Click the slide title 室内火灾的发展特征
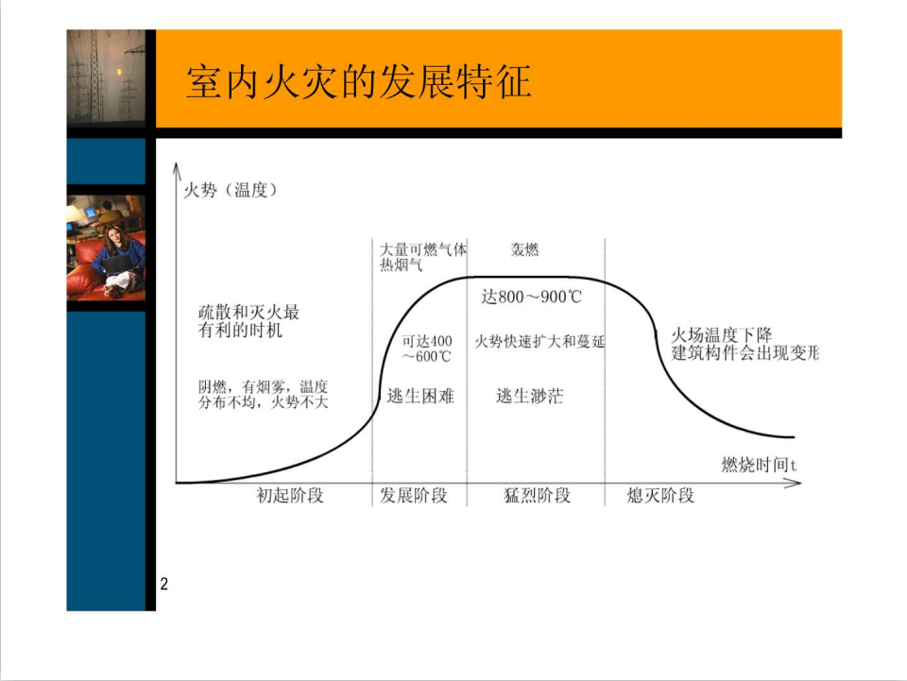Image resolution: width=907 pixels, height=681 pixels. (359, 81)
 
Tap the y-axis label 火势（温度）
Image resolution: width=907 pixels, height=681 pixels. (231, 190)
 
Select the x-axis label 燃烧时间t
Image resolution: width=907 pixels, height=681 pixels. (759, 464)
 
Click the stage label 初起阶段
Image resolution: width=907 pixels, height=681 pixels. (290, 496)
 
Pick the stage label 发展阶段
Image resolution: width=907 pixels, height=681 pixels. (414, 496)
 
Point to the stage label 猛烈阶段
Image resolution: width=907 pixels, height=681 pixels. (538, 496)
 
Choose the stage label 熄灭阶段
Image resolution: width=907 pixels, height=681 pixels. (660, 496)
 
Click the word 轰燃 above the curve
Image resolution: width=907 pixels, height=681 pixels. (524, 249)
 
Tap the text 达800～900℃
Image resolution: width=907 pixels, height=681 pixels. (532, 297)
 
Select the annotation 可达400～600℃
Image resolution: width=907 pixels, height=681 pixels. (427, 349)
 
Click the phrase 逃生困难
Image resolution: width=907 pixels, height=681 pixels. (420, 396)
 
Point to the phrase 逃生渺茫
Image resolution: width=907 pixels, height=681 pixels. (529, 396)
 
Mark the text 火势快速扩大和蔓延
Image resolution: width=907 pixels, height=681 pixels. (539, 341)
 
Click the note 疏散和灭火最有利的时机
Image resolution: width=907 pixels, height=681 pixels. (248, 321)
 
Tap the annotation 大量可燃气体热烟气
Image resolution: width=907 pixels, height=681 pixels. (423, 257)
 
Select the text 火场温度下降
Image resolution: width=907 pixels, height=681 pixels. (721, 334)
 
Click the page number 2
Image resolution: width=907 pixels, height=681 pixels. (164, 584)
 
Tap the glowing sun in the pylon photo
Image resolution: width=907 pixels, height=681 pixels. (120, 72)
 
